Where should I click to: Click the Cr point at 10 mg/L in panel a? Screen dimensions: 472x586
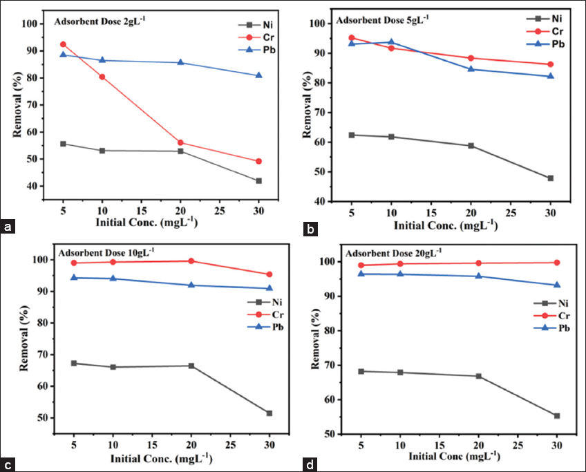pos(102,77)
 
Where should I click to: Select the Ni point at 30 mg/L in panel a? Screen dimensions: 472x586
pos(258,181)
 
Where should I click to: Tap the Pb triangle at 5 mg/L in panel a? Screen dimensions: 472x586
pos(64,55)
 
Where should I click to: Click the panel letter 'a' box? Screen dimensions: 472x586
pos(9,226)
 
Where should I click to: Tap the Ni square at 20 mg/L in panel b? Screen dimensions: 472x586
pos(471,146)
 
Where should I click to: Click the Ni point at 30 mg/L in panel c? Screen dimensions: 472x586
pos(270,413)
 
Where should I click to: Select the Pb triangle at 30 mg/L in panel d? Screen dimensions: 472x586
pos(557,285)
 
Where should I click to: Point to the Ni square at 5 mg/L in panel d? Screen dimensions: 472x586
pos(360,371)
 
